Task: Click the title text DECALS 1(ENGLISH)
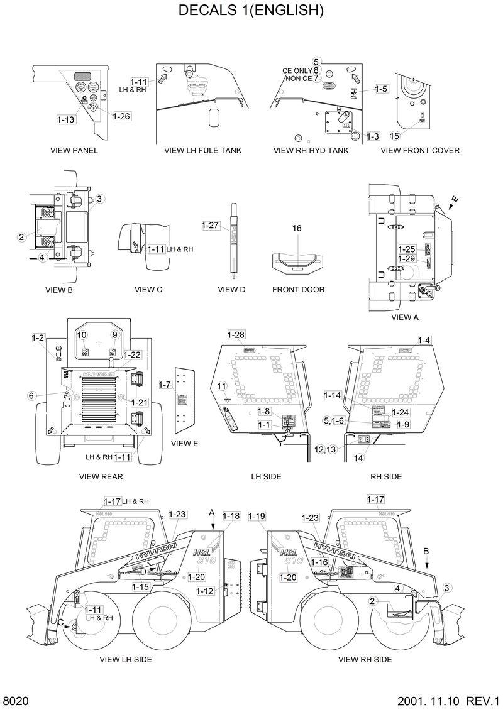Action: point(251,11)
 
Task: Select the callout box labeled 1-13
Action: point(66,119)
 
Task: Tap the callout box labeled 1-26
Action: point(122,116)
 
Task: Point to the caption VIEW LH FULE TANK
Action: point(202,151)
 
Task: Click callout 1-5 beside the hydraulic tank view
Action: point(381,89)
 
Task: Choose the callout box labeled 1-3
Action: point(373,136)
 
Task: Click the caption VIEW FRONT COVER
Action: point(420,151)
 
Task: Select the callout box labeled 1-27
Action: point(210,225)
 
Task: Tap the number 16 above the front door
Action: point(297,228)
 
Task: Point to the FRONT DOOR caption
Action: point(298,290)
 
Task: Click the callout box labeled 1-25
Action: point(407,249)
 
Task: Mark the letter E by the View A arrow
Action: point(455,200)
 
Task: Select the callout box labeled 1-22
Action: point(132,355)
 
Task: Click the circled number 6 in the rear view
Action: point(31,395)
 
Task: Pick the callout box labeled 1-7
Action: point(165,383)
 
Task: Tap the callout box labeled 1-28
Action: point(236,334)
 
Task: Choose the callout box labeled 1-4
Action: point(424,340)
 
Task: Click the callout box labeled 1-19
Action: point(257,516)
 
